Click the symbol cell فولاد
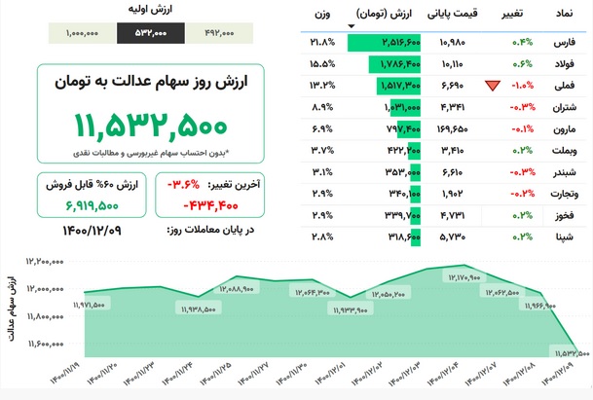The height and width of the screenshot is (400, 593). click(562, 64)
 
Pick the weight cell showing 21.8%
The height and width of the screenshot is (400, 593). click(322, 43)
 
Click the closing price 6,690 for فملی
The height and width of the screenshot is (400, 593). click(455, 86)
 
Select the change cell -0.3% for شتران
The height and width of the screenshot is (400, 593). click(521, 107)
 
